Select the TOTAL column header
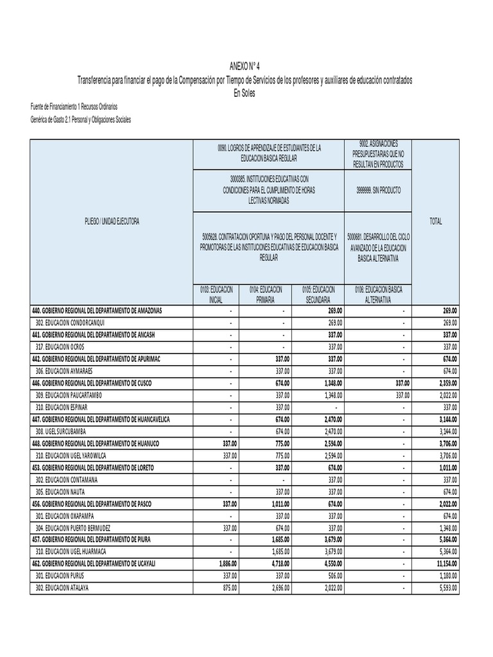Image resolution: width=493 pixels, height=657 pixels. [x=435, y=221]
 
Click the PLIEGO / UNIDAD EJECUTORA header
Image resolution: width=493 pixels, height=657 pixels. [x=111, y=221]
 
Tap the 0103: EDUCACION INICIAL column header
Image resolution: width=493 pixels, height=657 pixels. [x=216, y=294]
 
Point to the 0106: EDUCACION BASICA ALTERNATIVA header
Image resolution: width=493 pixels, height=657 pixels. [x=377, y=294]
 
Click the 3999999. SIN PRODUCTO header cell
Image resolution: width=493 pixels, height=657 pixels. [x=377, y=191]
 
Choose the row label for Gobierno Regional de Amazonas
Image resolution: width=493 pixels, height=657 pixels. [x=97, y=311]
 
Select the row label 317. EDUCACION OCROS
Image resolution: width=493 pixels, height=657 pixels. [x=60, y=347]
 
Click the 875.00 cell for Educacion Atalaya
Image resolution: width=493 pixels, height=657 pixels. [x=229, y=588]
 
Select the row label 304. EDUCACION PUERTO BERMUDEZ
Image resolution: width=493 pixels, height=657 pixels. [x=78, y=528]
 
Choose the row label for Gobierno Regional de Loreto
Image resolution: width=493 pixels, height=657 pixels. [x=93, y=468]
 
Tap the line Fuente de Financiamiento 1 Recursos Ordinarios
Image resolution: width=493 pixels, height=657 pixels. [x=74, y=107]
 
